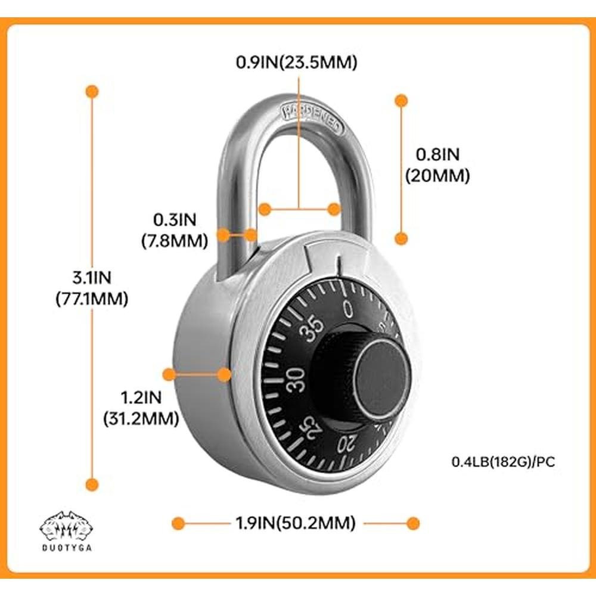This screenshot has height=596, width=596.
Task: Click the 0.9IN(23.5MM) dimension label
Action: pos(296,62)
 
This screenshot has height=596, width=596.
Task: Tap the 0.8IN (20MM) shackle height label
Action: pos(437,165)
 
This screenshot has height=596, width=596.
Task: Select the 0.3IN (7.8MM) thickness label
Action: pos(175,230)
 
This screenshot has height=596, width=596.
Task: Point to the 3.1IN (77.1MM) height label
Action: pos(91,288)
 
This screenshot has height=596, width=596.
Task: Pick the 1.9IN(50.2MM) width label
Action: pos(295,523)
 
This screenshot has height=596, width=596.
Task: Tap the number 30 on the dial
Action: pos(296,380)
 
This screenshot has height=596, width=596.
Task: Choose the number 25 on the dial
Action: pos(312,427)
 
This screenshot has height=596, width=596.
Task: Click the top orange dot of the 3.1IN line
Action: pos(92,91)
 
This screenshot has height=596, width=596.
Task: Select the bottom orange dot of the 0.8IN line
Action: pos(402,238)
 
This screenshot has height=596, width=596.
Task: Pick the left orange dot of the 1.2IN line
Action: pos(169,374)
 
